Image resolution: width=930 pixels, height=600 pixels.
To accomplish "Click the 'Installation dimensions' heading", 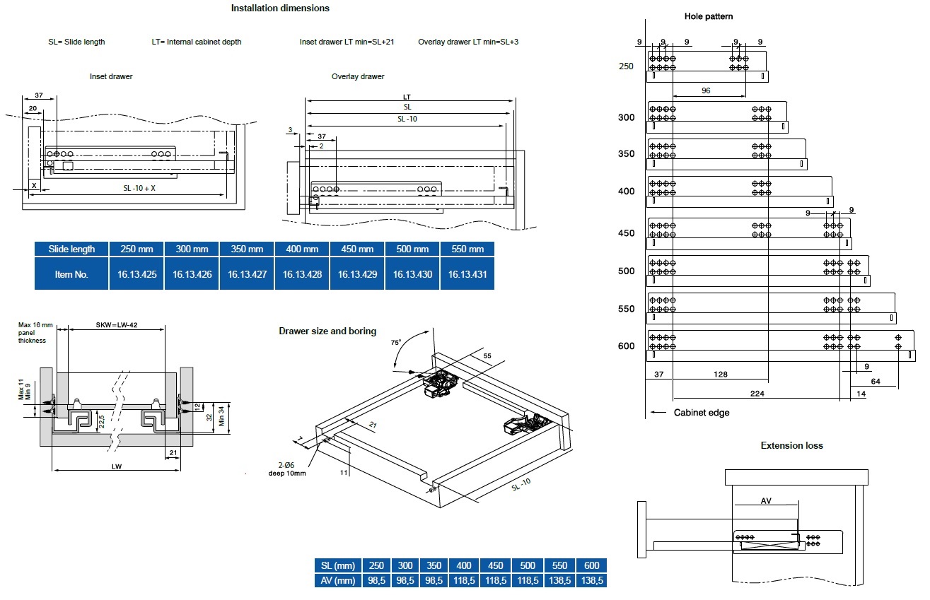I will [280, 8].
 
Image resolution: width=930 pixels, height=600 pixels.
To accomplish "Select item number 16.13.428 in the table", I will [302, 274].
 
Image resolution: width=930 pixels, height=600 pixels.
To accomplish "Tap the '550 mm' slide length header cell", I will [467, 249].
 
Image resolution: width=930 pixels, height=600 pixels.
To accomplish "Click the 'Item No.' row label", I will [71, 274].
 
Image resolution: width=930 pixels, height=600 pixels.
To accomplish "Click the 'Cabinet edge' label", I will [701, 413].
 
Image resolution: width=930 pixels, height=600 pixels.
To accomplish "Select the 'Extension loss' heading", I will [791, 445].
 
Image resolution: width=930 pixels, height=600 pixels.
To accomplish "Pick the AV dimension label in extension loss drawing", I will [766, 500].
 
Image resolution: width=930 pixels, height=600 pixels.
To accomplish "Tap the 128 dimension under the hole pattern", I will [720, 375].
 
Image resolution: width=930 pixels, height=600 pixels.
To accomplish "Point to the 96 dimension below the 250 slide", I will [706, 90].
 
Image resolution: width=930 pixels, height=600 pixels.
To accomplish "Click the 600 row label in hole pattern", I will [627, 346].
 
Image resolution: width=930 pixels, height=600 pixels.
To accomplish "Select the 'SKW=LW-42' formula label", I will [117, 324].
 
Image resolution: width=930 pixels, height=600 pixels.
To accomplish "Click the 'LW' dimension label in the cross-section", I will [117, 466].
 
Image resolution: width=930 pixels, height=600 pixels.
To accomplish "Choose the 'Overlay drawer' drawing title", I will [358, 76].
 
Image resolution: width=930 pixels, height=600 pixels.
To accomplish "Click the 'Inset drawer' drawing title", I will [111, 76].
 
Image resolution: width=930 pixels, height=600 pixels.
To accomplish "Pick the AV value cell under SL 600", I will [592, 580].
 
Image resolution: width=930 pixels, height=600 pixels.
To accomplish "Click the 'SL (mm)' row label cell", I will [338, 565].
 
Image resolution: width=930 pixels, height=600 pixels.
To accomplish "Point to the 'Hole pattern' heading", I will [709, 16].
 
